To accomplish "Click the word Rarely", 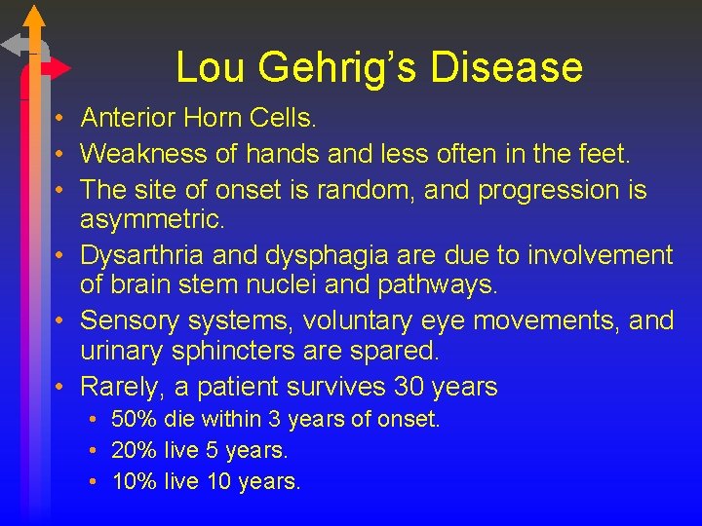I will point(122,387).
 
